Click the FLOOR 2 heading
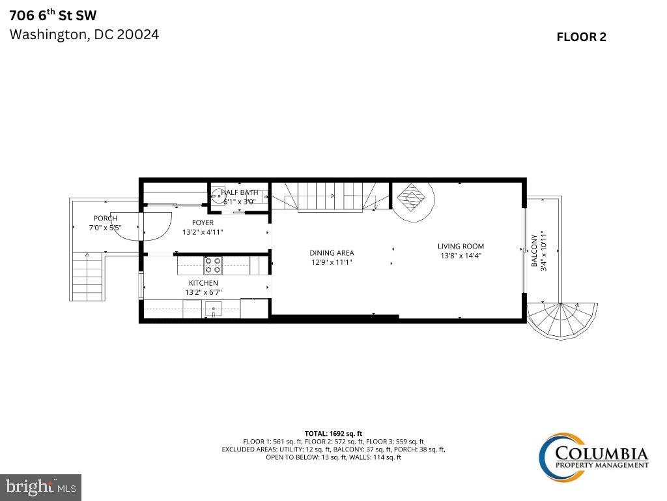click(x=581, y=37)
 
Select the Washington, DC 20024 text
click(x=84, y=35)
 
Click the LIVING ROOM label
click(x=461, y=247)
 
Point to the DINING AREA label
click(x=332, y=253)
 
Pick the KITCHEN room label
click(x=203, y=283)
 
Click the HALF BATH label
click(x=239, y=192)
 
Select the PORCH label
click(x=105, y=219)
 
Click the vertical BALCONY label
click(x=534, y=251)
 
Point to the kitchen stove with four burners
click(x=213, y=265)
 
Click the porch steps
click(x=87, y=276)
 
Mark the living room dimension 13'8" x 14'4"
click(x=461, y=256)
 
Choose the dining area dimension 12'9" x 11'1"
click(x=332, y=262)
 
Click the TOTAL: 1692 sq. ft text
click(x=333, y=433)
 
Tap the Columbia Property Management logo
click(x=593, y=455)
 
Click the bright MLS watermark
click(x=40, y=487)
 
